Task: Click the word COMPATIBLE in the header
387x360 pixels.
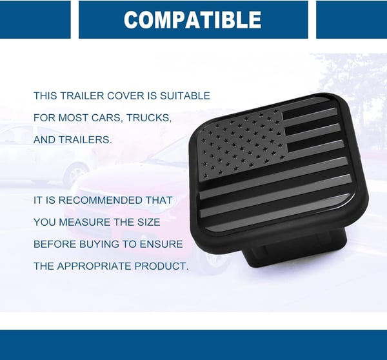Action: coord(192,19)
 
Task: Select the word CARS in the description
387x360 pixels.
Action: coord(106,117)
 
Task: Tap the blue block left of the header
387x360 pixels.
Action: coord(35,19)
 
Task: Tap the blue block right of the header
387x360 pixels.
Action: coord(351,19)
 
